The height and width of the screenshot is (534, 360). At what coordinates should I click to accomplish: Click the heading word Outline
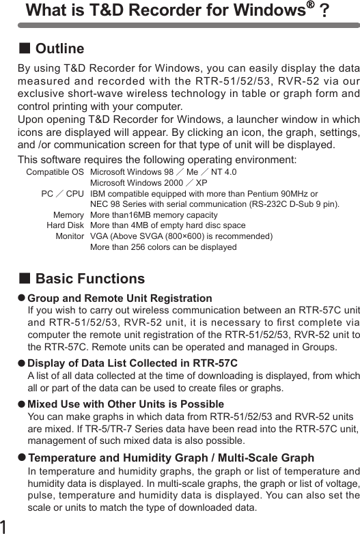(x=59, y=49)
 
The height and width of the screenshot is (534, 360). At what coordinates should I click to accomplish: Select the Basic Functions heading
(x=89, y=279)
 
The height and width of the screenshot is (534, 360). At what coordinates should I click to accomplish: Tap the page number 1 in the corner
(x=5, y=525)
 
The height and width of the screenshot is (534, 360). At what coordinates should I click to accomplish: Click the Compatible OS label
(x=55, y=172)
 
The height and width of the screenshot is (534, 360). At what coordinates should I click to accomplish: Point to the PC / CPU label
(x=62, y=194)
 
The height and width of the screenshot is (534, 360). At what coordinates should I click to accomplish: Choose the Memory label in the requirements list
(x=68, y=215)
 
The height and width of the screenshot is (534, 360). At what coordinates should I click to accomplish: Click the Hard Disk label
(x=65, y=225)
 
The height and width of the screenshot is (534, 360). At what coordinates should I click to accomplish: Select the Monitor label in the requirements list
(x=70, y=236)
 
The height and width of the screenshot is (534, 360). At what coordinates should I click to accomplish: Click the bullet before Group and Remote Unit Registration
(x=21, y=298)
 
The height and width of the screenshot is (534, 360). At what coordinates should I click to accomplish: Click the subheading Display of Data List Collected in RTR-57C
(x=133, y=363)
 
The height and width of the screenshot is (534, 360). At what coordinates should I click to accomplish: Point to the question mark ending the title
(x=324, y=12)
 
